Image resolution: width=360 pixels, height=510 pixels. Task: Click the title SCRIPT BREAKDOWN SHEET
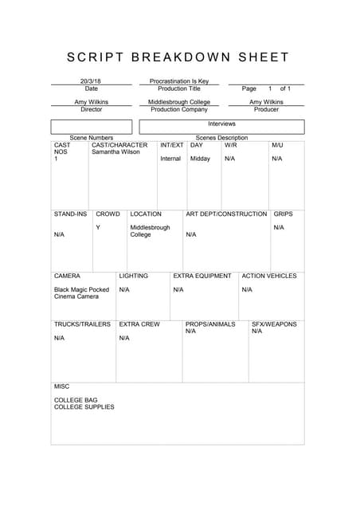(178, 57)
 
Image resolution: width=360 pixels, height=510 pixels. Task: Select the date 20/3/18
(91, 80)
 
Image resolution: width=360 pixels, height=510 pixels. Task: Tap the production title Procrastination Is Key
(179, 80)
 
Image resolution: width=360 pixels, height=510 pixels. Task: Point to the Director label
(91, 109)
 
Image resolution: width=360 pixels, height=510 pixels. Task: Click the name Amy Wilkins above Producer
(266, 102)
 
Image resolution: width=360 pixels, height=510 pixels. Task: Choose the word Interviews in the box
(221, 124)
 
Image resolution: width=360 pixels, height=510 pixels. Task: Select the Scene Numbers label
(91, 138)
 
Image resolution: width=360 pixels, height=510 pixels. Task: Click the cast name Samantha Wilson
(115, 152)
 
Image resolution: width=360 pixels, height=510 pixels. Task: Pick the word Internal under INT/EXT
(170, 159)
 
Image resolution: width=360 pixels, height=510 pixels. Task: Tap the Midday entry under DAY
(200, 159)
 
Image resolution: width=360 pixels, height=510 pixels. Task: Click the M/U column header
(277, 145)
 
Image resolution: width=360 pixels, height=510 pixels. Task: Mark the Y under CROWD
(98, 228)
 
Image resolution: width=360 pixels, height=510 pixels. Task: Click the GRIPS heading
(283, 214)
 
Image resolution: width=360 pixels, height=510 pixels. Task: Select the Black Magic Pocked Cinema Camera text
(81, 293)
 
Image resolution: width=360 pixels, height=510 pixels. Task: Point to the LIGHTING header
(133, 276)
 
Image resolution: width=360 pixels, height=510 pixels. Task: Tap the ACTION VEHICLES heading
(268, 276)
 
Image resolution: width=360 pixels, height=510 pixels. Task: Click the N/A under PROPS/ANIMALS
(190, 331)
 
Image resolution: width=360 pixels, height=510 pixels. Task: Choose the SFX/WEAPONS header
(274, 324)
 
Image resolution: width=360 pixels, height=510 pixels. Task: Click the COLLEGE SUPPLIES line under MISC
(84, 407)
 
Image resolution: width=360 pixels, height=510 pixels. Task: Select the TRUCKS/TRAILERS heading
(82, 324)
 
